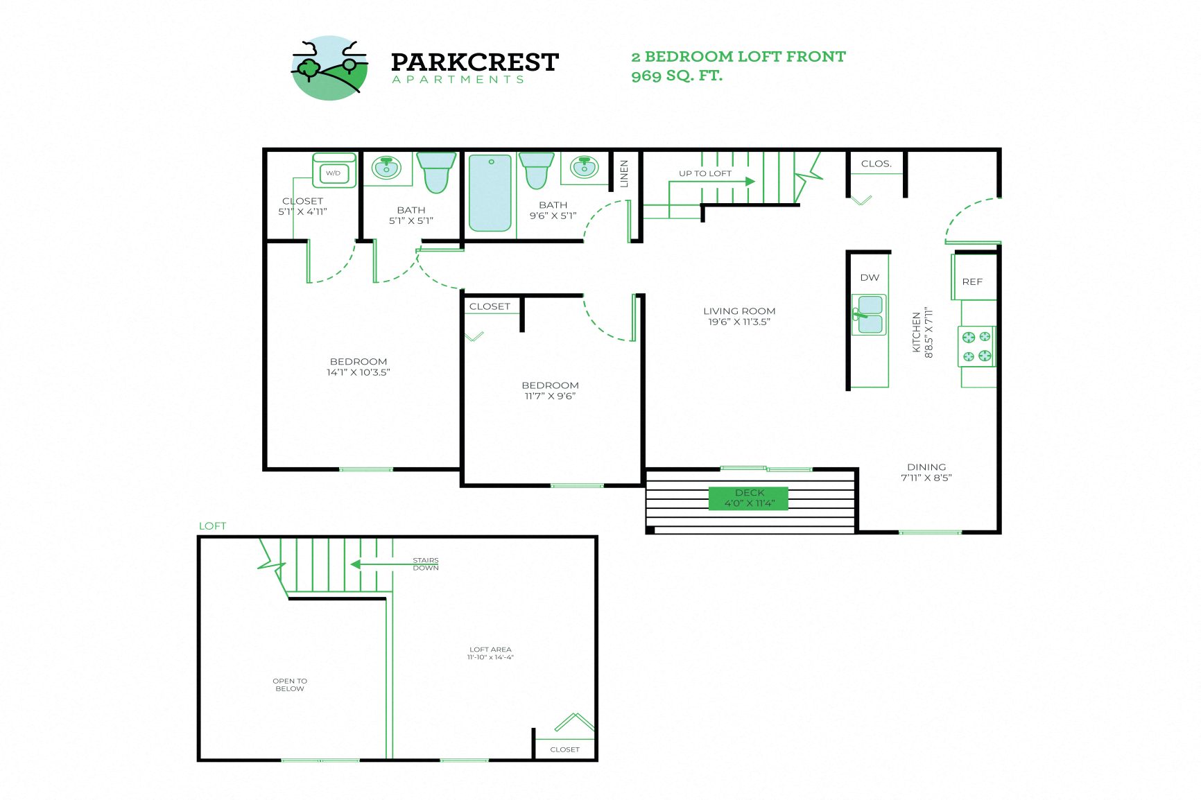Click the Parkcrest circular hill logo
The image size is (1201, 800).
click(329, 68)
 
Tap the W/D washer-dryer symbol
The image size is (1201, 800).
click(334, 172)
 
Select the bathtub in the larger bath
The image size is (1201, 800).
click(490, 193)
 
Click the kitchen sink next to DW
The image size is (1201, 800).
click(869, 314)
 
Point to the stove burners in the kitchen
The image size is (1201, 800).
click(976, 347)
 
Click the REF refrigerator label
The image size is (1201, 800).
click(972, 281)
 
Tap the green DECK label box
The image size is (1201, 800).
click(748, 498)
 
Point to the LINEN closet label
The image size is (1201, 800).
click(623, 173)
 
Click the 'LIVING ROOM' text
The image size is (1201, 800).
click(739, 311)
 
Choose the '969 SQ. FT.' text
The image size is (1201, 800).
click(677, 76)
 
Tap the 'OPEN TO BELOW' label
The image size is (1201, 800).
click(290, 684)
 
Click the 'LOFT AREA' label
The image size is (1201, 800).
click(490, 650)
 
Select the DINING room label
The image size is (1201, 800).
click(926, 467)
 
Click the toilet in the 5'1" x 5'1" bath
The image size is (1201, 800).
click(435, 173)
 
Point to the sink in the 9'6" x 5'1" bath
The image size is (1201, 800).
click(584, 167)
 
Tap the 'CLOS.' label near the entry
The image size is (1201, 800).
click(876, 164)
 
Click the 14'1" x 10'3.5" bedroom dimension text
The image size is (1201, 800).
click(358, 372)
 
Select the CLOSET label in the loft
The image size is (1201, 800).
click(564, 749)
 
